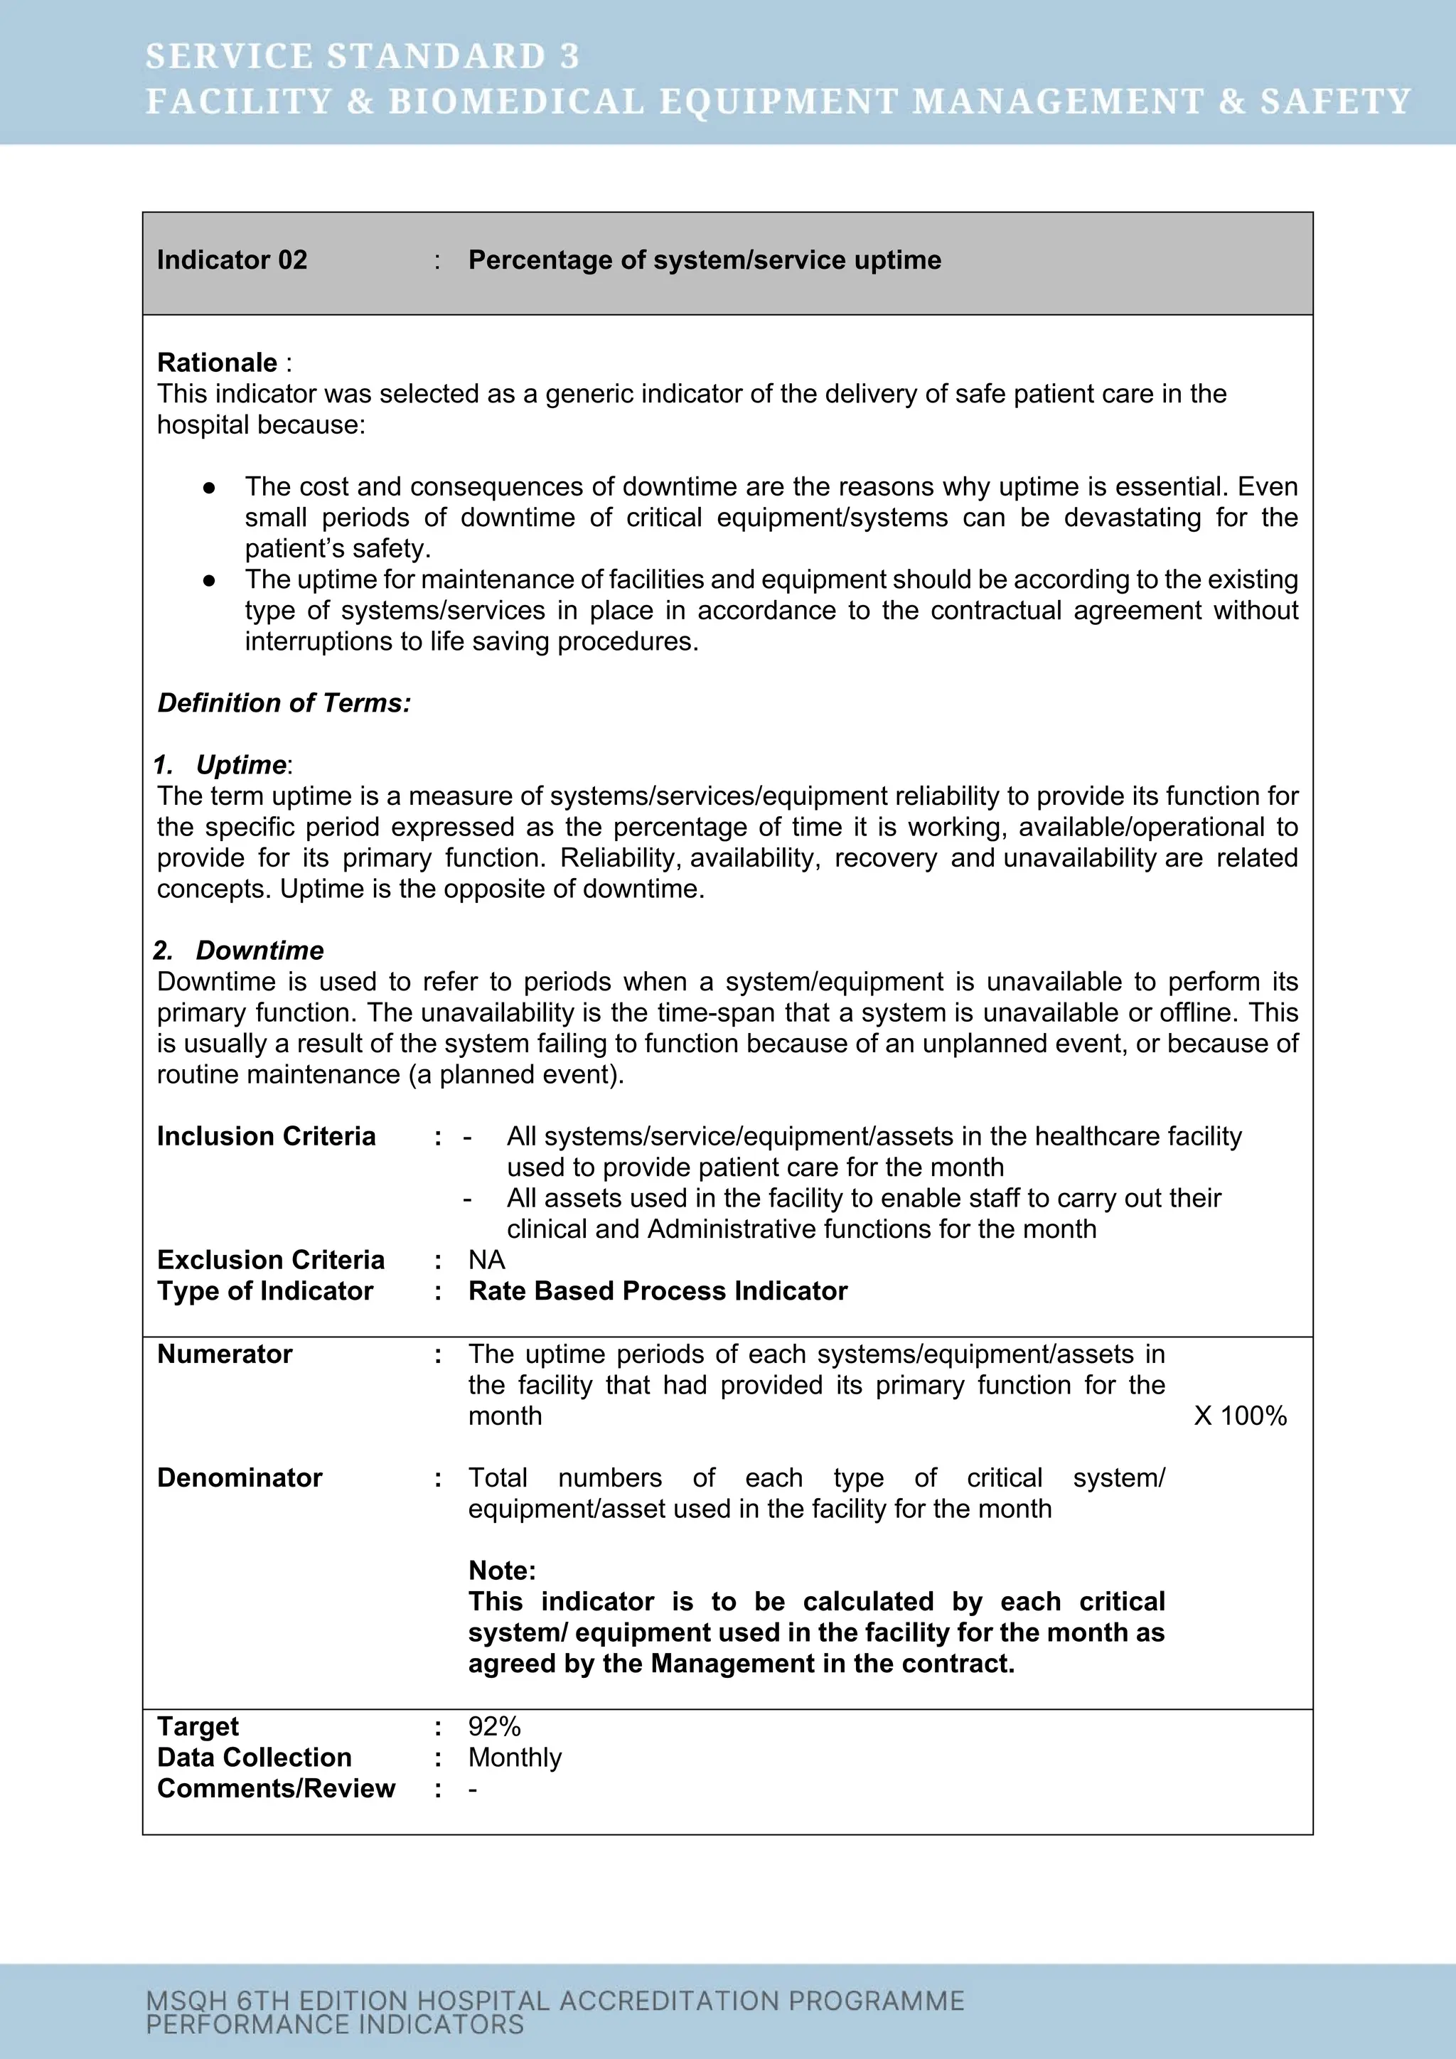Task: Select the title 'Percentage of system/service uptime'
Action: (x=704, y=260)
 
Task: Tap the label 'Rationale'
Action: (x=217, y=363)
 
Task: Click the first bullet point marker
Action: (x=209, y=487)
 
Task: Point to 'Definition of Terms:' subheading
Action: (x=284, y=703)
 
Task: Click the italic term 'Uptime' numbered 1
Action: (x=241, y=765)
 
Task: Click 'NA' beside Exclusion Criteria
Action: (x=486, y=1260)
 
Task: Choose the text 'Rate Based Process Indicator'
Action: (x=657, y=1290)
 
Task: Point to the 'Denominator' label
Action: (x=240, y=1478)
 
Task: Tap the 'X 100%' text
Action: (x=1239, y=1416)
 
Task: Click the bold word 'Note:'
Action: (x=501, y=1571)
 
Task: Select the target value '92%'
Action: (x=494, y=1726)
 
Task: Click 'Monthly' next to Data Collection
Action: (x=515, y=1758)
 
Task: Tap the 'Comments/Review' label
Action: (x=275, y=1788)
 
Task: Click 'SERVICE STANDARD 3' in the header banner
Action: (x=362, y=56)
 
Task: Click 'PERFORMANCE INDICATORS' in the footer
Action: (x=334, y=2025)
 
